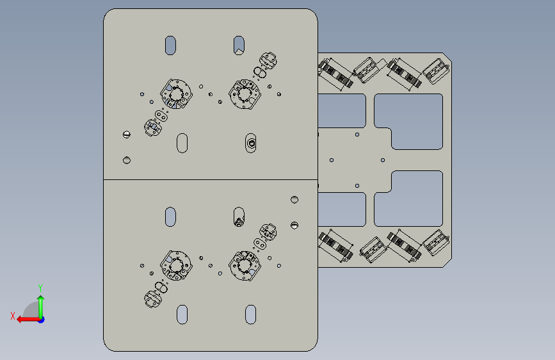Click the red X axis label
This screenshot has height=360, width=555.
tap(13, 316)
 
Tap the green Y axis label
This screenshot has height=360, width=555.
tap(40, 288)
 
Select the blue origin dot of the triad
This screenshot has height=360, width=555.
tap(42, 320)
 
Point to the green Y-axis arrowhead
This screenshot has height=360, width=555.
tap(41, 299)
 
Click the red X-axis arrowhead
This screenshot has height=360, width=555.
tap(20, 320)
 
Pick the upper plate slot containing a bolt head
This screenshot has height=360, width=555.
tap(250, 143)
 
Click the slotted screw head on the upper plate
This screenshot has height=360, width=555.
tap(126, 135)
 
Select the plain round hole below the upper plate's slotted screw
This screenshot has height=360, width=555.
tap(126, 160)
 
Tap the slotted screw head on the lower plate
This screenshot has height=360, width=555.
tap(294, 225)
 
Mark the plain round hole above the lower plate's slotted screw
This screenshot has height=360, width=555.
tap(294, 199)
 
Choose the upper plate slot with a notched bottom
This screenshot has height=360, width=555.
tap(239, 45)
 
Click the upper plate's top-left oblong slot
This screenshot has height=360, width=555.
tap(170, 45)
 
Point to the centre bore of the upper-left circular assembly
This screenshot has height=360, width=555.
tap(176, 95)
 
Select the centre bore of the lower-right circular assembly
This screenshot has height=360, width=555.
tap(245, 265)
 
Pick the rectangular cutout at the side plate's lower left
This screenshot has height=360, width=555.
tap(342, 209)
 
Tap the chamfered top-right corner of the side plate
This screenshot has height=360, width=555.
tap(447, 57)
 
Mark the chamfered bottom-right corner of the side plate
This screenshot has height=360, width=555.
tap(447, 263)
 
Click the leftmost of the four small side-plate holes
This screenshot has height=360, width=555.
tap(332, 160)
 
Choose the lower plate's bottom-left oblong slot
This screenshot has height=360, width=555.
tap(182, 315)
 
